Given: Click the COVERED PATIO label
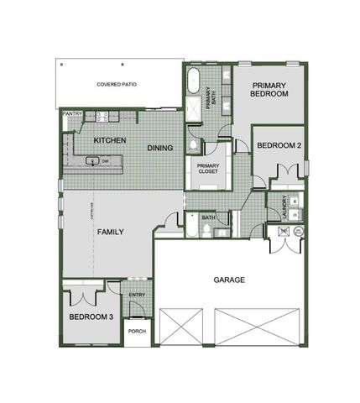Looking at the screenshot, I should click(117, 85).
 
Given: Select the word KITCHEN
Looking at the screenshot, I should click(110, 139).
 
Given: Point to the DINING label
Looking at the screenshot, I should click(160, 148).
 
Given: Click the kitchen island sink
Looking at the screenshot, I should click(93, 160).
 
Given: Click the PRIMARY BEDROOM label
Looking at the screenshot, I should click(269, 90).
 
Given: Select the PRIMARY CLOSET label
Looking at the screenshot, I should click(207, 169).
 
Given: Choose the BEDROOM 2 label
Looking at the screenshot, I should click(279, 146).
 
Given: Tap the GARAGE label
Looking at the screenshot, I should click(228, 280).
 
